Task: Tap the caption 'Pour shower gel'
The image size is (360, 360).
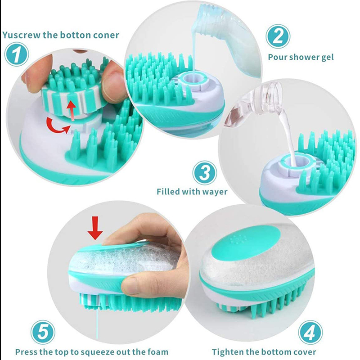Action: tap(301, 57)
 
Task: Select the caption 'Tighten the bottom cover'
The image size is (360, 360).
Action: tap(264, 352)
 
